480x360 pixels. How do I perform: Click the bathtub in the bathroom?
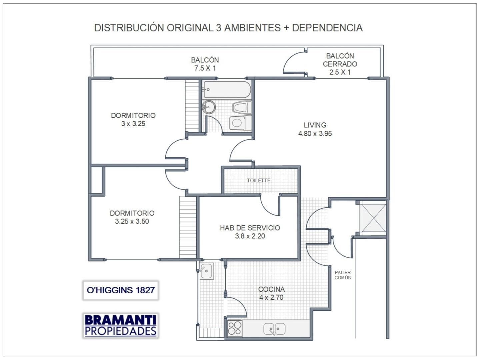click(x=227, y=89)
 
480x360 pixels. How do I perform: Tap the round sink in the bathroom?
click(x=209, y=107)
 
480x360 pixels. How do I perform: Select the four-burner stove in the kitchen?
click(x=235, y=327)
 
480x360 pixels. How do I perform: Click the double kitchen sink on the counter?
click(x=274, y=329)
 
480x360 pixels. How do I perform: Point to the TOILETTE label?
click(x=259, y=180)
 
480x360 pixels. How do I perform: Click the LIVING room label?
click(x=315, y=125)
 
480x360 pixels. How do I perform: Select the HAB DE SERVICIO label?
click(x=250, y=228)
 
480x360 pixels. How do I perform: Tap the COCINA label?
click(x=271, y=289)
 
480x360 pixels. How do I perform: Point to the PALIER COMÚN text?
click(x=343, y=275)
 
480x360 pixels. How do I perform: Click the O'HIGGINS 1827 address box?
click(x=121, y=290)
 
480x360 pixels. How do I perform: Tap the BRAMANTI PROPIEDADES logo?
click(x=120, y=325)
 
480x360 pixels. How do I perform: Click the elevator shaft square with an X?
click(x=373, y=218)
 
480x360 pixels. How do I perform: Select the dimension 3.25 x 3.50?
click(x=132, y=221)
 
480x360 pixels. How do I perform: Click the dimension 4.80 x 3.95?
click(x=315, y=134)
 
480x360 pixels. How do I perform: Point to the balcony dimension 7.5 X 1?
click(x=205, y=68)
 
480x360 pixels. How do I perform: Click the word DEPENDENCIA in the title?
click(x=327, y=28)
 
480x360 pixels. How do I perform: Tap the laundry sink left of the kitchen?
click(x=207, y=270)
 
